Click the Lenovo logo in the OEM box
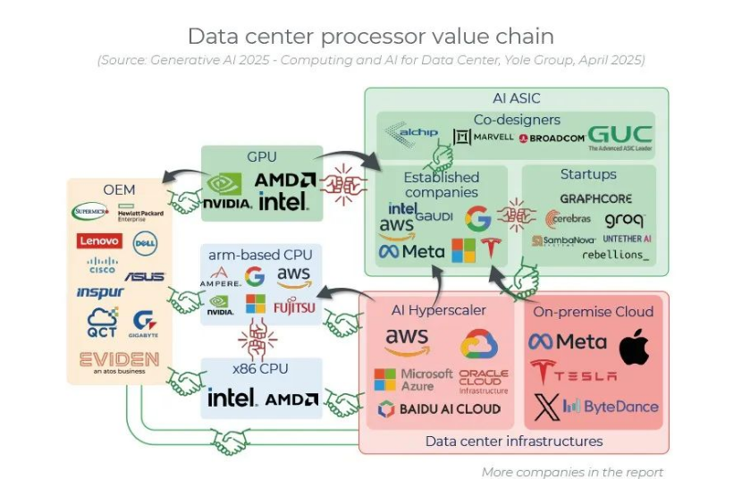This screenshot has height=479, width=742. coord(99,240)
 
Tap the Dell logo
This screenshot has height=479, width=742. coord(146,242)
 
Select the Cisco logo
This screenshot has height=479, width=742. coord(103,265)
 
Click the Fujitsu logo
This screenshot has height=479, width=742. coord(294,307)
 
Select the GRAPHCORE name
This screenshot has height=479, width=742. coord(595,197)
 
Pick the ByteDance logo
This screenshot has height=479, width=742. coord(611,408)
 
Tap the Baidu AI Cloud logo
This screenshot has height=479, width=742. coord(438,409)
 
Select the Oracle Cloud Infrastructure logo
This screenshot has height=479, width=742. coord(483,382)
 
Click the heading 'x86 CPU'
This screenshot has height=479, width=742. coord(261,368)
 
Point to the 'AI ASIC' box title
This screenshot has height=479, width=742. coord(516,98)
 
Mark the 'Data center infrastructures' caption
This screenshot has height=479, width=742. coord(513,441)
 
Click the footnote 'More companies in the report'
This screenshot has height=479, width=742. coord(572,472)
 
